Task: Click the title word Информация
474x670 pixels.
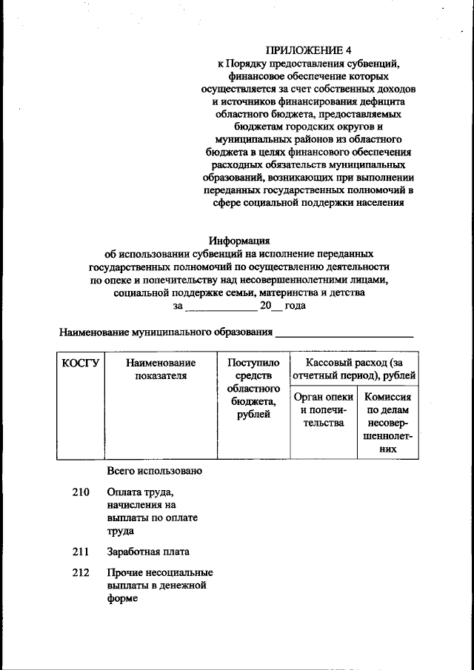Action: (239, 240)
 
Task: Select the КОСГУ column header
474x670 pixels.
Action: (81, 363)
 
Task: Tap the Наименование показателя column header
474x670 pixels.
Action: (161, 369)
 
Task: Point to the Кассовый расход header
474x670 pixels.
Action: (354, 369)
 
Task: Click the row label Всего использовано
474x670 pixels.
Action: (154, 471)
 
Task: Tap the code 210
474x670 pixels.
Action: (81, 492)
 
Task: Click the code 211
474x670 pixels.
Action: (81, 552)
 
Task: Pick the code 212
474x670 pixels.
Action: (81, 572)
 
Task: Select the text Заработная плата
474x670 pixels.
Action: (147, 552)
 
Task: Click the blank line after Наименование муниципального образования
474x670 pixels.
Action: (344, 333)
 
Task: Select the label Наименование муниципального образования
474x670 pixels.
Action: (166, 332)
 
